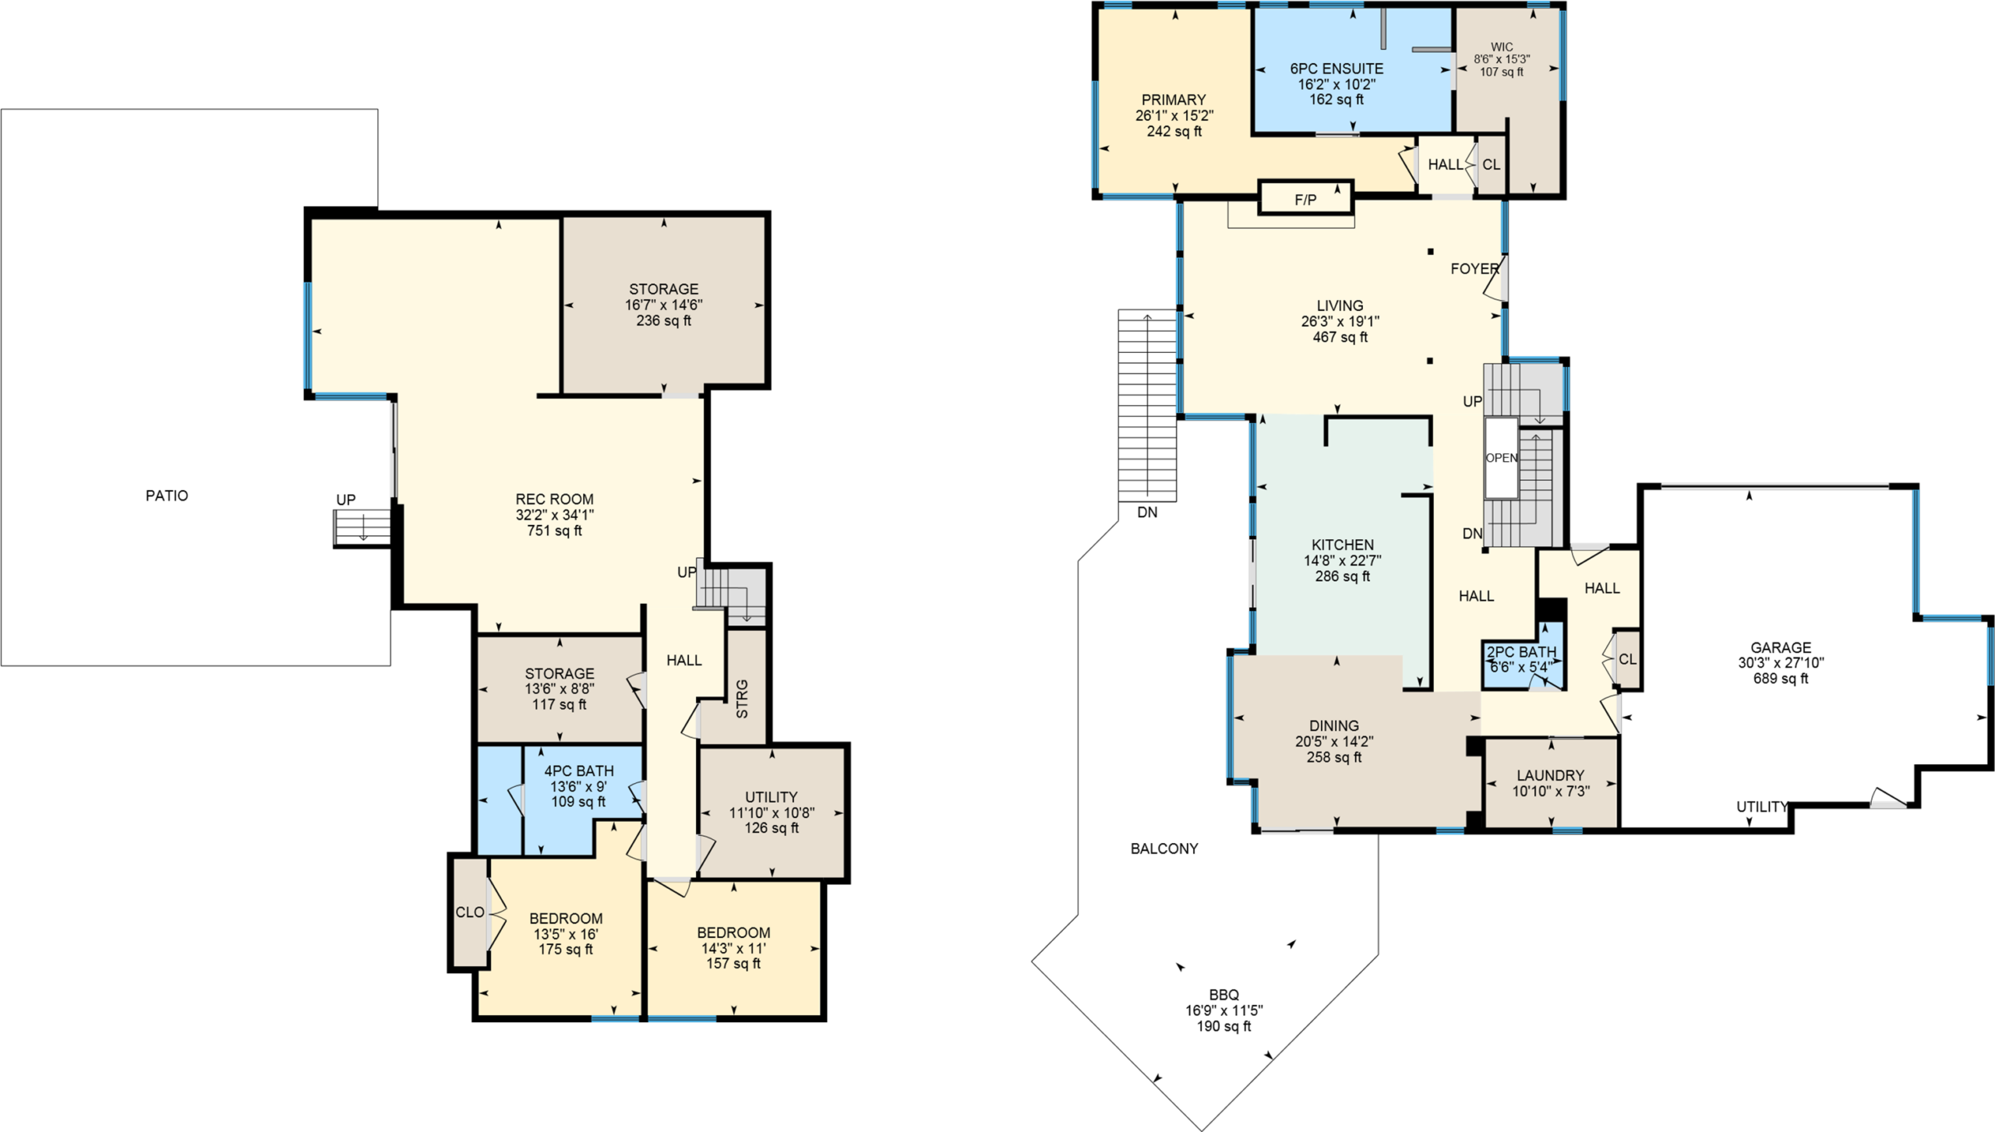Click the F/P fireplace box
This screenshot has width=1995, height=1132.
pos(1305,197)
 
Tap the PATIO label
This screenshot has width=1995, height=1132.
pos(167,495)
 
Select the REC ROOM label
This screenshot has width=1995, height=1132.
pos(554,499)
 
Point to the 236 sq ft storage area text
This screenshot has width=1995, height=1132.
pos(663,320)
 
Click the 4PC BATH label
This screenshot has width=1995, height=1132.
pos(578,771)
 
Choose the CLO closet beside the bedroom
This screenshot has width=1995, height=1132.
pos(469,912)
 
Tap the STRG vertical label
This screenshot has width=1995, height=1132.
pos(742,699)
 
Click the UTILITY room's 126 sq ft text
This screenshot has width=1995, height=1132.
pos(772,828)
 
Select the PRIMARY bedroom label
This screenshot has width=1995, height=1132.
pos(1174,100)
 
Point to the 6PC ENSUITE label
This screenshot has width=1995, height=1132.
pos(1336,69)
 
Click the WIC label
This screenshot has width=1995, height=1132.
pos(1502,47)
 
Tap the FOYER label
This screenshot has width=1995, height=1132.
pos(1474,269)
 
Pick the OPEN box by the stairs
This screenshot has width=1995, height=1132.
pos(1502,458)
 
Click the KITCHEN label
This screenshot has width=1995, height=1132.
pos(1343,545)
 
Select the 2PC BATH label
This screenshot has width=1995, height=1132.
pos(1521,652)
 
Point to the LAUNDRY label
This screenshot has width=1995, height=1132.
pos(1550,775)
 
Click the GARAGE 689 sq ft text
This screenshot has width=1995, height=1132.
pos(1781,679)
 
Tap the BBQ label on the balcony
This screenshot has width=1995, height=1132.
pos(1223,995)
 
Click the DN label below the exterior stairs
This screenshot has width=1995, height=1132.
pos(1147,513)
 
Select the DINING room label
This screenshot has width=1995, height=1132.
pos(1334,725)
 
